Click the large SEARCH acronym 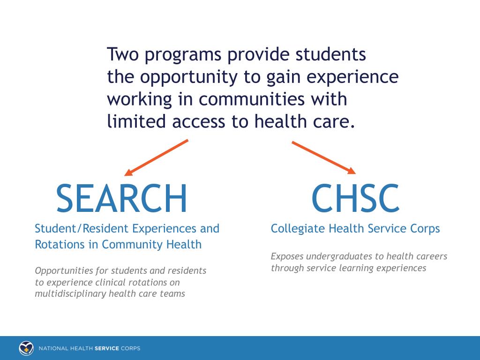(x=121, y=198)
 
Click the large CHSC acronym (x=355, y=198)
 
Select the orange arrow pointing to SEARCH (x=157, y=157)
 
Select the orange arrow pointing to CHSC (x=323, y=157)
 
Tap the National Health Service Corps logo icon (x=26, y=348)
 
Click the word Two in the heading (x=123, y=54)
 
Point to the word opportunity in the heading (x=190, y=77)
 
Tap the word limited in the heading (x=136, y=121)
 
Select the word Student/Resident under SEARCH (x=82, y=228)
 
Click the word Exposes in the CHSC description (x=287, y=256)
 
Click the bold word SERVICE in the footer (x=107, y=348)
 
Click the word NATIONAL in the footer (x=54, y=348)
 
